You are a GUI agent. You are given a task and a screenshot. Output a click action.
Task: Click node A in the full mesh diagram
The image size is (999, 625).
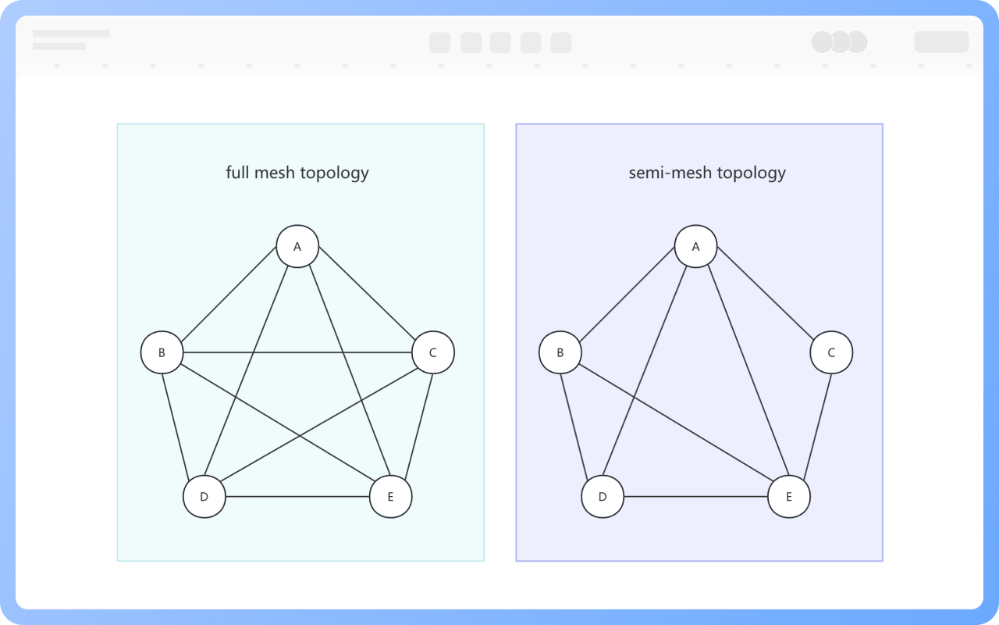297,247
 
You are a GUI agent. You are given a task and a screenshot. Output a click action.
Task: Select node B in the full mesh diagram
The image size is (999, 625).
162,352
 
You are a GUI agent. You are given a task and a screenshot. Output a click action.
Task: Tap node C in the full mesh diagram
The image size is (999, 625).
433,352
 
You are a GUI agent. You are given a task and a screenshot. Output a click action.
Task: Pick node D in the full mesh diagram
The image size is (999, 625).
204,497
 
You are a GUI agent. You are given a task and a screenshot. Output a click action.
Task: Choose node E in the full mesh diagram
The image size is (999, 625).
390,497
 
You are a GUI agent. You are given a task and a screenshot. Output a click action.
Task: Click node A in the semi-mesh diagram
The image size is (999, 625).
696,247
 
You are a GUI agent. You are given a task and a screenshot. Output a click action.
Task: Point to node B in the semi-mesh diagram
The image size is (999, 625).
560,352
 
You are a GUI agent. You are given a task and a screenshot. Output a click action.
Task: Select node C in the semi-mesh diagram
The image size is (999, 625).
831,352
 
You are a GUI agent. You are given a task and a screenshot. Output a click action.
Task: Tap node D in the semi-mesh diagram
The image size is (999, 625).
603,497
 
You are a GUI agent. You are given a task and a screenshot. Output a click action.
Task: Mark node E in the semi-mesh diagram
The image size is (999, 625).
788,497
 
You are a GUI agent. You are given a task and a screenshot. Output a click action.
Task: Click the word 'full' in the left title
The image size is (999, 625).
237,172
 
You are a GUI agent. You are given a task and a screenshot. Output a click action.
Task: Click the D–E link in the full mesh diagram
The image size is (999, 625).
297,497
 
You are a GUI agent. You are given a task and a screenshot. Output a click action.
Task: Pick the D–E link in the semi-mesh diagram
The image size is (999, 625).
695,497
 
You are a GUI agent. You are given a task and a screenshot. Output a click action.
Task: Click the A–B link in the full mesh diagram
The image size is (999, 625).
229,300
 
